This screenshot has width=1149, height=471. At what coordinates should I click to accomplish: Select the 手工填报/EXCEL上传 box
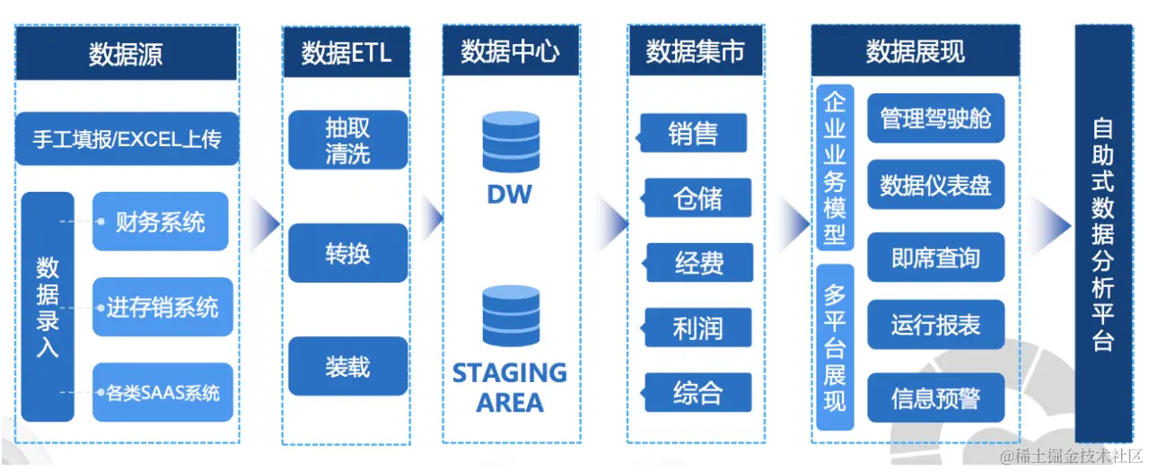tap(127, 139)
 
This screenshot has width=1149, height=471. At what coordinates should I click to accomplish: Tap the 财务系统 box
tap(161, 222)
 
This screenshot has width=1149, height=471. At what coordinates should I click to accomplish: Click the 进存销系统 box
tap(162, 307)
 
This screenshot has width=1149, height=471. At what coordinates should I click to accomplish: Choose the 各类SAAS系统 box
tap(162, 392)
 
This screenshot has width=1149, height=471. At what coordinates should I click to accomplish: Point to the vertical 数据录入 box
tap(48, 307)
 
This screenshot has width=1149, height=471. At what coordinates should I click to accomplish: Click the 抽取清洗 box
tap(347, 140)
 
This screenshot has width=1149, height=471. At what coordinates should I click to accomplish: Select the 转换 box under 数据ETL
tap(347, 253)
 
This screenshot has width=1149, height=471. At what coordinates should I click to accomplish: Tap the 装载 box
tap(347, 366)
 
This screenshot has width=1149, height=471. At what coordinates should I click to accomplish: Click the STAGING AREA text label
tap(510, 387)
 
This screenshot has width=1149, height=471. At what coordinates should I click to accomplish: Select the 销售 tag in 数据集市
tap(693, 133)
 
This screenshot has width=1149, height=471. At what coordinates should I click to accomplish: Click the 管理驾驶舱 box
tap(935, 118)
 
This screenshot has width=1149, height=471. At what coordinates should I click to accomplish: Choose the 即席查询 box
tap(935, 258)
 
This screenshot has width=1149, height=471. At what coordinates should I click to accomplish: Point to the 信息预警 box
tap(935, 397)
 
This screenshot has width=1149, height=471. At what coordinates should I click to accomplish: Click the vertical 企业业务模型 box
tap(835, 168)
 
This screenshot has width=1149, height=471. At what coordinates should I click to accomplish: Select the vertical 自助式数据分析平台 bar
tap(1103, 233)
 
